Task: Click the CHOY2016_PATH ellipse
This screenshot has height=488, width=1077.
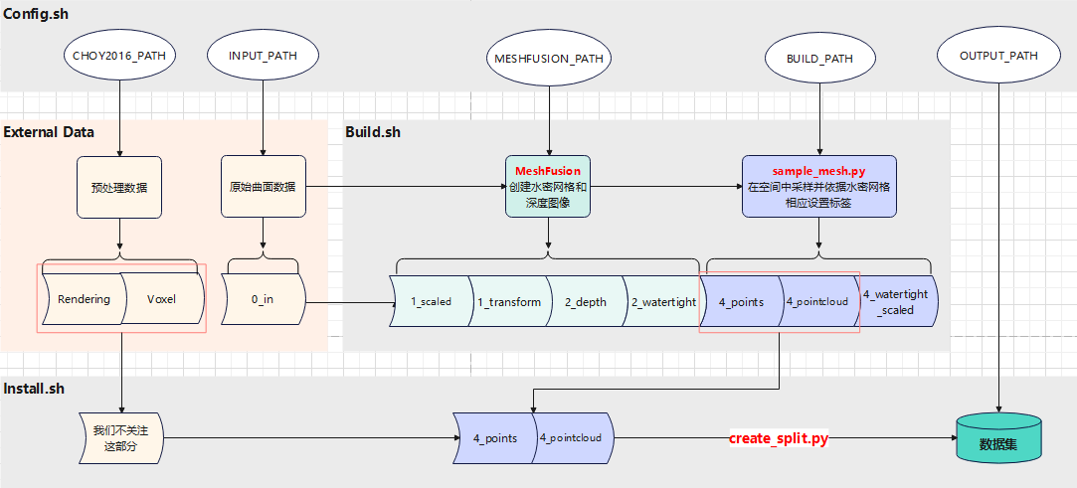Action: tap(119, 57)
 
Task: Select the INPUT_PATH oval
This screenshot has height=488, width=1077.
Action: tap(264, 57)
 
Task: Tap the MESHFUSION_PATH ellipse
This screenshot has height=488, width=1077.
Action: tap(547, 59)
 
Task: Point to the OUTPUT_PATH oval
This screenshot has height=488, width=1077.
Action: tap(997, 57)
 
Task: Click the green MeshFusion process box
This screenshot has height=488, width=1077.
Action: tap(547, 187)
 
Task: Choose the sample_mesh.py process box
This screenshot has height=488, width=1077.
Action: tap(818, 187)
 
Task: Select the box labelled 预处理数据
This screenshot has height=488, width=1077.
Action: tap(119, 187)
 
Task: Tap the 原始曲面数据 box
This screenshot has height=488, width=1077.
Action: tap(263, 187)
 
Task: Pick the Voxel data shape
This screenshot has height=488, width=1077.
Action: tap(161, 299)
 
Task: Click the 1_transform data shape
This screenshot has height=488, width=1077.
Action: tap(508, 301)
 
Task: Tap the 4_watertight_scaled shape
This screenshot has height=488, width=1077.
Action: tap(896, 301)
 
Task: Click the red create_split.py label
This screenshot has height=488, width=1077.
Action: tap(779, 438)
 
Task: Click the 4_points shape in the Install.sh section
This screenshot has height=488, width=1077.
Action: tap(494, 438)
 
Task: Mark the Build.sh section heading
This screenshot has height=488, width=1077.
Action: tap(373, 131)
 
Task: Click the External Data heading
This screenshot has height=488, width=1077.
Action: tap(50, 131)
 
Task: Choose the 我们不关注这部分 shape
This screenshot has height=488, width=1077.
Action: tap(119, 438)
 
